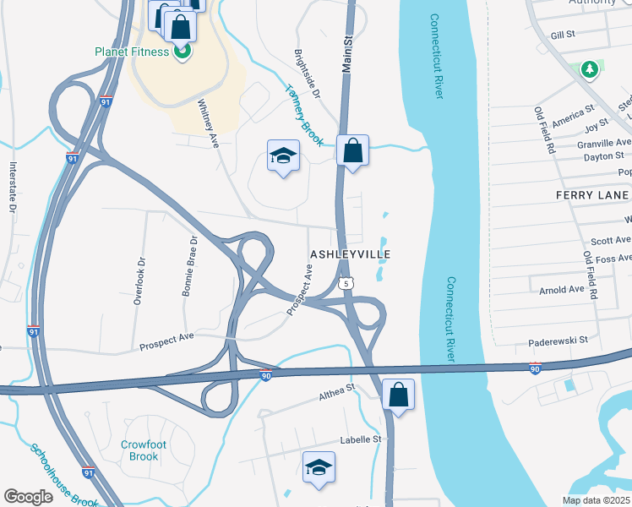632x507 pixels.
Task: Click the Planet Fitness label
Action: pyautogui.click(x=133, y=51)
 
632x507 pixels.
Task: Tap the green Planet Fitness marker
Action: pyautogui.click(x=182, y=52)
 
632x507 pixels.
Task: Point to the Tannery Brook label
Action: pyautogui.click(x=304, y=114)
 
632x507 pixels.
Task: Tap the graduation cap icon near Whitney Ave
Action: pyautogui.click(x=284, y=155)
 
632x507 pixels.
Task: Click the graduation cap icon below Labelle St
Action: pyautogui.click(x=319, y=467)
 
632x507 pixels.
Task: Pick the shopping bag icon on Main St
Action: pyautogui.click(x=352, y=151)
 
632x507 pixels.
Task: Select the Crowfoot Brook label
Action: pyautogui.click(x=139, y=450)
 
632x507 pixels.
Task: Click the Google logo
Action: pyautogui.click(x=28, y=497)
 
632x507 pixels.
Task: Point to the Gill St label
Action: pyautogui.click(x=562, y=35)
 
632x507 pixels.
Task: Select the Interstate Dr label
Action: pyautogui.click(x=13, y=186)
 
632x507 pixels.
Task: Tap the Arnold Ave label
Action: pyautogui.click(x=562, y=289)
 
